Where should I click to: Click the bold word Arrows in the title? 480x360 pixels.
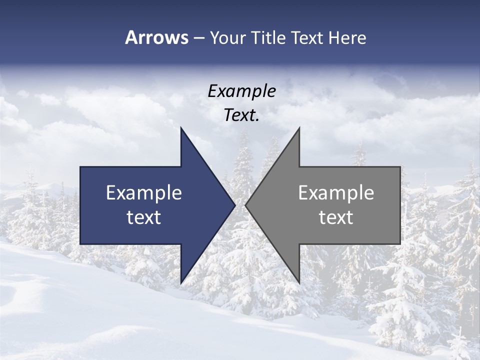pyautogui.click(x=156, y=38)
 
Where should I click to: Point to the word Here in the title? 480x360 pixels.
pyautogui.click(x=347, y=38)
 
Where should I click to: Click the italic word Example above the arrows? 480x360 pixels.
pyautogui.click(x=241, y=91)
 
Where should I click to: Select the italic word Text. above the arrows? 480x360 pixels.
pyautogui.click(x=241, y=115)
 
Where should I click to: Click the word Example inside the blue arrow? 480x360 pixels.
pyautogui.click(x=144, y=193)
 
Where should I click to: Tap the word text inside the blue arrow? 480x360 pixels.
pyautogui.click(x=144, y=217)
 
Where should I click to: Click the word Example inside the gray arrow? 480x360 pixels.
pyautogui.click(x=336, y=193)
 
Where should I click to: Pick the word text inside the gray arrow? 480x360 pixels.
pyautogui.click(x=336, y=217)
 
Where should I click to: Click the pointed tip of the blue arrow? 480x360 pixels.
pyautogui.click(x=234, y=205)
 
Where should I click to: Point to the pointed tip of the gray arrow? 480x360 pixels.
pyautogui.click(x=246, y=205)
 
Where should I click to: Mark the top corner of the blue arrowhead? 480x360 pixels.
pyautogui.click(x=181, y=128)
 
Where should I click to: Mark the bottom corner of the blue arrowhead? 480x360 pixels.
pyautogui.click(x=181, y=282)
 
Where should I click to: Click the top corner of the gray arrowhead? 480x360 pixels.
pyautogui.click(x=299, y=128)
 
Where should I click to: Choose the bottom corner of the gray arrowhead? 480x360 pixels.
pyautogui.click(x=299, y=282)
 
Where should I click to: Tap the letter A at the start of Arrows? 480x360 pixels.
pyautogui.click(x=131, y=38)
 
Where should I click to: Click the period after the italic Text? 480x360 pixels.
pyautogui.click(x=257, y=120)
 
